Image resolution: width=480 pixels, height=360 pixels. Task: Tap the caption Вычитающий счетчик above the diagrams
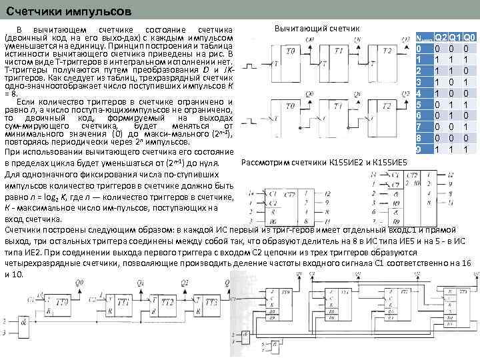coord(317,28)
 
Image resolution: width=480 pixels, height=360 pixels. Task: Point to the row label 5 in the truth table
coord(419,105)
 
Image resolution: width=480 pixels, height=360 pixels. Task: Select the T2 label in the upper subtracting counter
coord(387,51)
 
